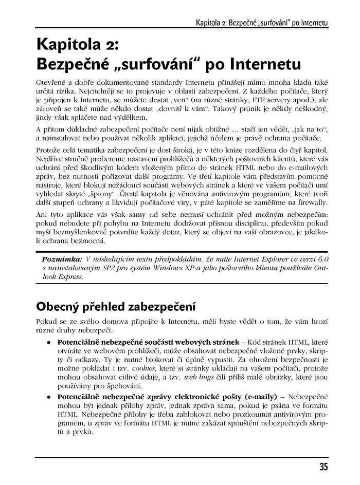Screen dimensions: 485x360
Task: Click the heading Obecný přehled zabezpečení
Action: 116,307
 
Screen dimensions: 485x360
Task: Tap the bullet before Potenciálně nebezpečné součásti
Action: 48,342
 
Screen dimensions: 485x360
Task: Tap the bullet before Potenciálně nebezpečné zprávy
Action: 48,397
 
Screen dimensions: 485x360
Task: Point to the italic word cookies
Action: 143,369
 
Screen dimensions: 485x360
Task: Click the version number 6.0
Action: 322,258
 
